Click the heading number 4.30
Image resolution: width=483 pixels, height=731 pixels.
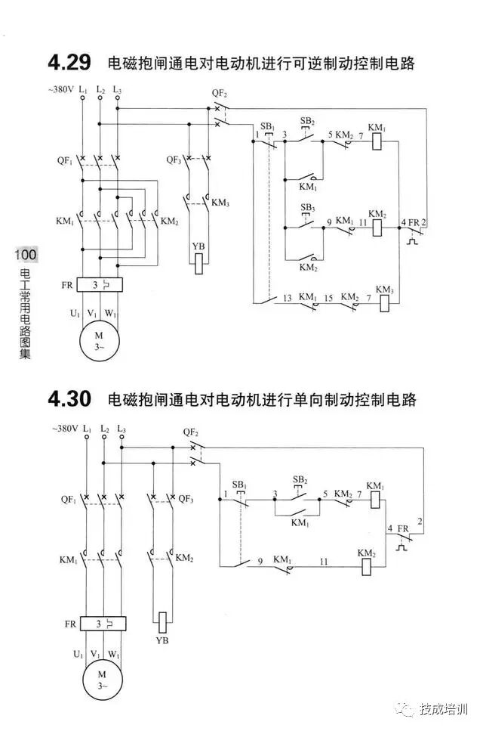69,398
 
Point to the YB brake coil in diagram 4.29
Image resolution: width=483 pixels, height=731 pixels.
199,263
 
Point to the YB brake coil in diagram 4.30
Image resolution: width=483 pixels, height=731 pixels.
162,621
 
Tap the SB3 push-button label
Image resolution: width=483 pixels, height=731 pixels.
307,207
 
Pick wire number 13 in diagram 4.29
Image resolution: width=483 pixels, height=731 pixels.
288,298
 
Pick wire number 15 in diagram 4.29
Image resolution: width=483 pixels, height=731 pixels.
328,298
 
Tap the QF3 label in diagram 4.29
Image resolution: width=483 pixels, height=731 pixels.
174,160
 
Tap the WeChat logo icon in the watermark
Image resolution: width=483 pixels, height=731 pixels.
408,709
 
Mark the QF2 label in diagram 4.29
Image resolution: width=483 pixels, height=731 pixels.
220,94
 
